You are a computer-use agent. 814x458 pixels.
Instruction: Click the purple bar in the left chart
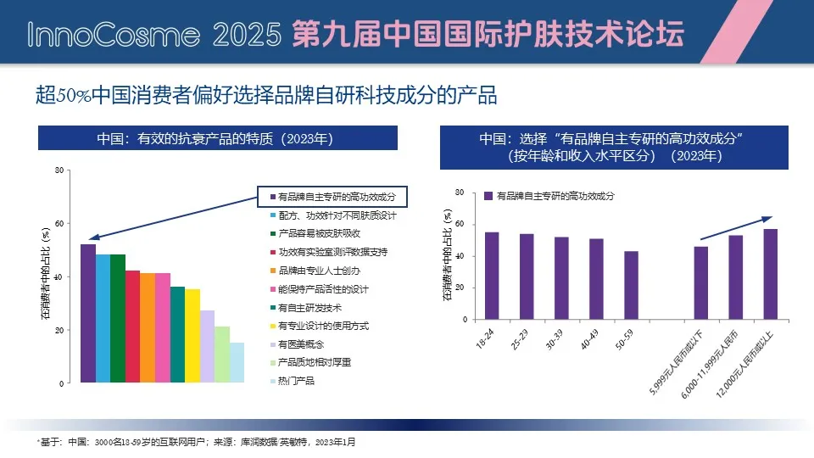[88, 314]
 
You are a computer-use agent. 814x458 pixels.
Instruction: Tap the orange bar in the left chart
[148, 327]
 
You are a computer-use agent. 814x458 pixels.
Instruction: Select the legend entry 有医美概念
[303, 344]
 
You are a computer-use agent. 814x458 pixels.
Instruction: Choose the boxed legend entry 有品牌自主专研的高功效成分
[332, 197]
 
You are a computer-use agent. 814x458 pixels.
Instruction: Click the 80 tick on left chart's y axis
[59, 170]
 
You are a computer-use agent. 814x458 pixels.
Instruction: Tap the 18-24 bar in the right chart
[492, 276]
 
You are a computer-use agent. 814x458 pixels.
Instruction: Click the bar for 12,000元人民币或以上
[770, 274]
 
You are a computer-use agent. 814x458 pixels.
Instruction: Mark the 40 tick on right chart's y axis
[459, 256]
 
